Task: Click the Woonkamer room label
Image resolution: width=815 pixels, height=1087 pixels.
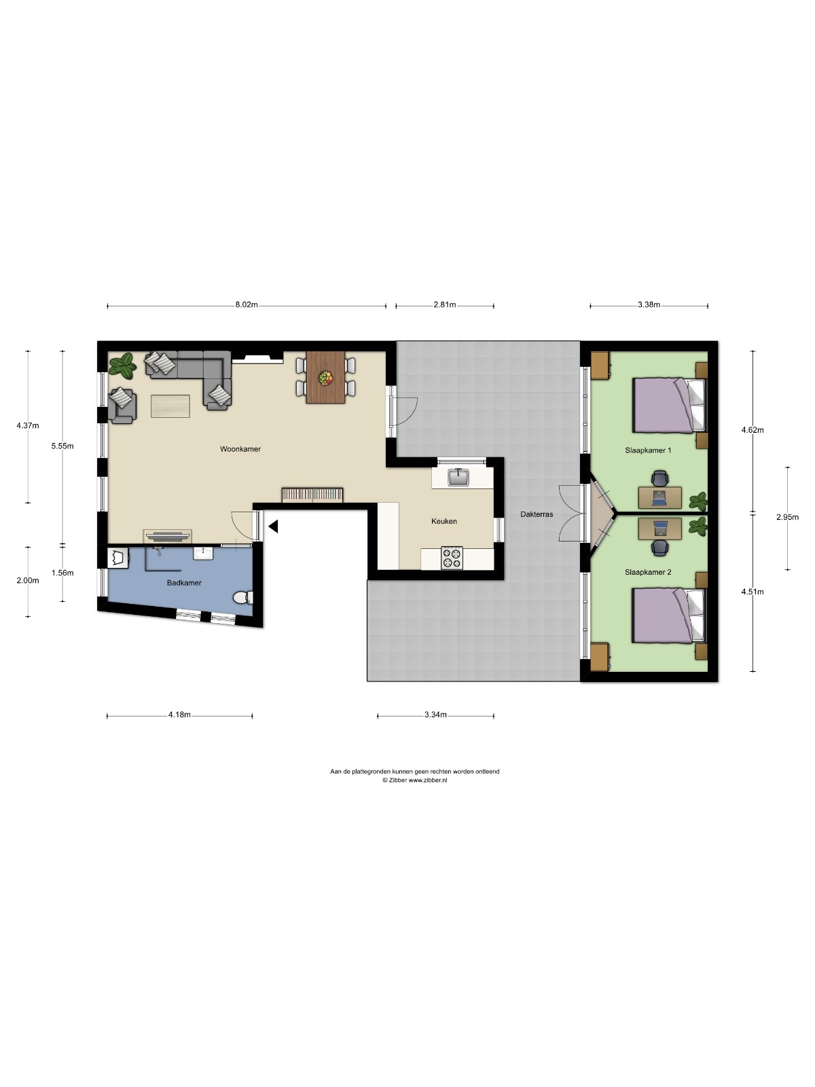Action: (x=240, y=449)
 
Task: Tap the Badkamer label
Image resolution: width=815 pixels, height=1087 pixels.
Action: (x=184, y=583)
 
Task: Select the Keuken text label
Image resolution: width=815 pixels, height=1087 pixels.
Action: (x=444, y=521)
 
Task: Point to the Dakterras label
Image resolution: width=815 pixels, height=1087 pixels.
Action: (x=537, y=514)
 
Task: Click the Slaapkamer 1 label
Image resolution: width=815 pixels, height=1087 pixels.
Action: (x=648, y=450)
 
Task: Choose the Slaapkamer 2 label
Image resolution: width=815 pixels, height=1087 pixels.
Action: (x=648, y=572)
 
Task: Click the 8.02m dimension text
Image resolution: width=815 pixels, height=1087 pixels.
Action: (x=247, y=304)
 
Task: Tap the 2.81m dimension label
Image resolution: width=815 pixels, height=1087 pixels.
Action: (x=444, y=304)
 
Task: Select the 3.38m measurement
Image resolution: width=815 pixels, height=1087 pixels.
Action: (x=649, y=304)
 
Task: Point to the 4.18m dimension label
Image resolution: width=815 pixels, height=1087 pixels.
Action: (x=179, y=715)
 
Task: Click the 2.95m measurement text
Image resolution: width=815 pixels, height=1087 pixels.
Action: (x=786, y=517)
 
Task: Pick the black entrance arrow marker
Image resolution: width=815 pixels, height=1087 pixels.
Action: (x=273, y=527)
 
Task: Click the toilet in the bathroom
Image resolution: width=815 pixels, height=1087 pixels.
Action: (x=243, y=598)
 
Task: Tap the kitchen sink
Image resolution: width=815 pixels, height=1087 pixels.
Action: (x=458, y=478)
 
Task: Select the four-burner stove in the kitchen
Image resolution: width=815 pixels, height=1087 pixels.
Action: (x=452, y=558)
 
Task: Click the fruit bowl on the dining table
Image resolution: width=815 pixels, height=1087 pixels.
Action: (x=325, y=378)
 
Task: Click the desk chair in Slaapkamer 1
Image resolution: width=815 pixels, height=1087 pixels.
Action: (x=659, y=478)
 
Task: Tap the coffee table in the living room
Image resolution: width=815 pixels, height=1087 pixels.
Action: (x=170, y=406)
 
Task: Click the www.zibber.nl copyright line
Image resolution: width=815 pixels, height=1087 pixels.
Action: (x=415, y=780)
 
